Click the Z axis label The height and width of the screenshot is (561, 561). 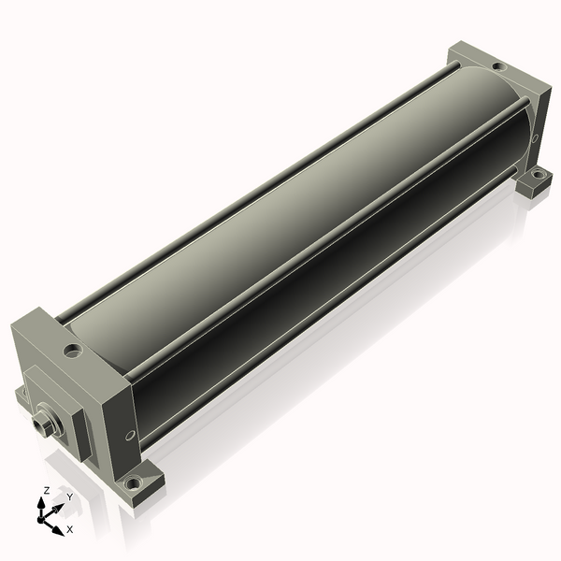click(46, 491)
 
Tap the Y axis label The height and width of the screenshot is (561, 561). click(70, 497)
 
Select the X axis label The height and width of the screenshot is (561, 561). click(70, 529)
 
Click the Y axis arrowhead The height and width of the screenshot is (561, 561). click(59, 509)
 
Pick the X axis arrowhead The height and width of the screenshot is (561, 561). click(58, 530)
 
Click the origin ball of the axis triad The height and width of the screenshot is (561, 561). click(41, 519)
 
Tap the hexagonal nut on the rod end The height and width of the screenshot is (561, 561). click(39, 424)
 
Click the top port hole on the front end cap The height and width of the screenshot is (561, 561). click(73, 351)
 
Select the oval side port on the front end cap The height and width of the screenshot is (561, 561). click(130, 435)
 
